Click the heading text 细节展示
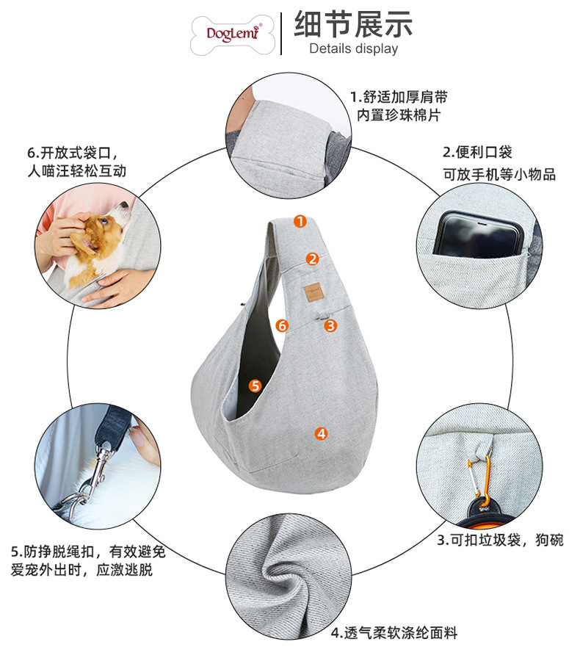point(353,24)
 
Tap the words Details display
point(353,49)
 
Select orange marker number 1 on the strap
point(300,221)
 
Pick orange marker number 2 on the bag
point(313,258)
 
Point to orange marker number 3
point(330,325)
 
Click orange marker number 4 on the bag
point(321,433)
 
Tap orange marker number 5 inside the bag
point(255,385)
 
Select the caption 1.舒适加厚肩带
point(399,97)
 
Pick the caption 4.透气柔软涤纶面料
point(394,632)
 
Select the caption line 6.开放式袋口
point(71,153)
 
